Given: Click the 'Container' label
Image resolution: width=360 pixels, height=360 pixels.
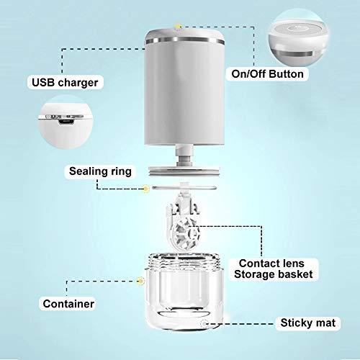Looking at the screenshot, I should [68, 304].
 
